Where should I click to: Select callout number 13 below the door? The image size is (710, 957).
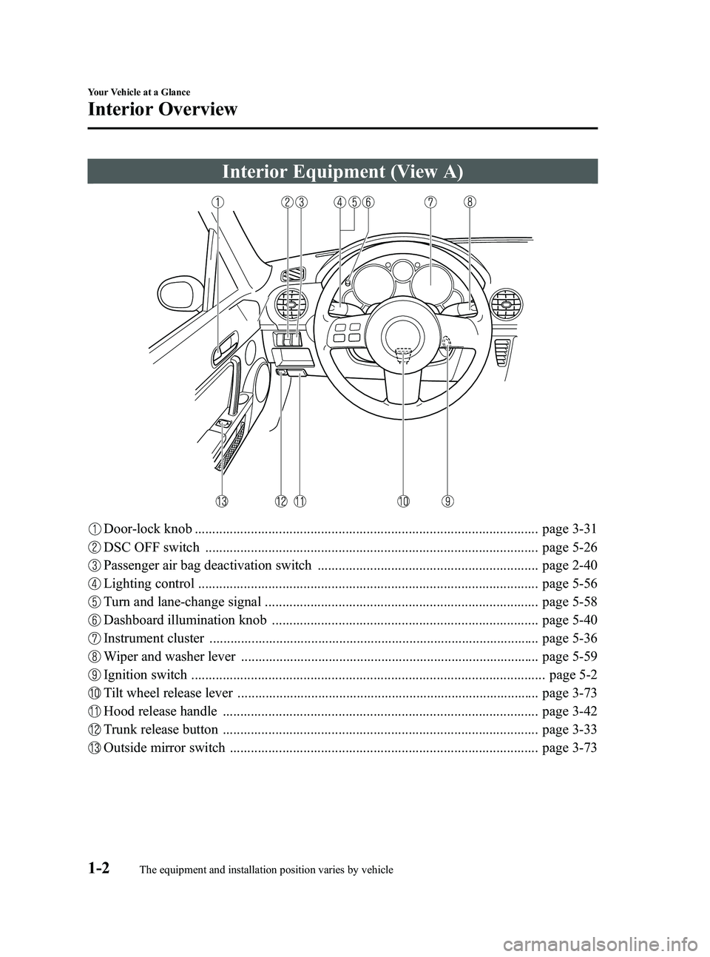pyautogui.click(x=222, y=501)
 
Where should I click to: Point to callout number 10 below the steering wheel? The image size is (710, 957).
pyautogui.click(x=403, y=501)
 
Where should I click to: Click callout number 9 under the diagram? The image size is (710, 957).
pyautogui.click(x=448, y=501)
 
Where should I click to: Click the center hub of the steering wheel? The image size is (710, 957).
pyautogui.click(x=402, y=335)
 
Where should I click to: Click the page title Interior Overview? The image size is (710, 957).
pyautogui.click(x=163, y=110)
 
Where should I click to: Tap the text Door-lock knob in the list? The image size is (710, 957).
pyautogui.click(x=148, y=529)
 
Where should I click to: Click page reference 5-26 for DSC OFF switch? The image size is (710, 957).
pyautogui.click(x=569, y=548)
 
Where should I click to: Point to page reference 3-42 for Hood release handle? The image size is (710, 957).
pyautogui.click(x=569, y=712)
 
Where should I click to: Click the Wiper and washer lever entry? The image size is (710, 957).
pyautogui.click(x=170, y=657)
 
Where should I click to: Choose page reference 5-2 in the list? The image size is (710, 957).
pyautogui.click(x=573, y=675)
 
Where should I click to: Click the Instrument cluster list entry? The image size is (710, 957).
pyautogui.click(x=154, y=638)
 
